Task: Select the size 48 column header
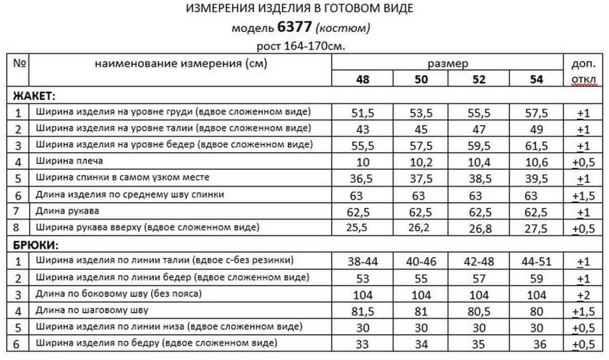pos(363,80)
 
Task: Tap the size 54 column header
pos(536,80)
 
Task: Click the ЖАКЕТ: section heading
pos(34,96)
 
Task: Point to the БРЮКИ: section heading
pos(36,246)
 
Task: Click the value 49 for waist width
pos(536,129)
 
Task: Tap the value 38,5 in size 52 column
pos(478,179)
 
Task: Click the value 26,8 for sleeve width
pos(478,228)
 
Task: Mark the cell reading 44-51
pos(536,261)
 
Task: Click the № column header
pos(20,64)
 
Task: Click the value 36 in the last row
pos(540,344)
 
